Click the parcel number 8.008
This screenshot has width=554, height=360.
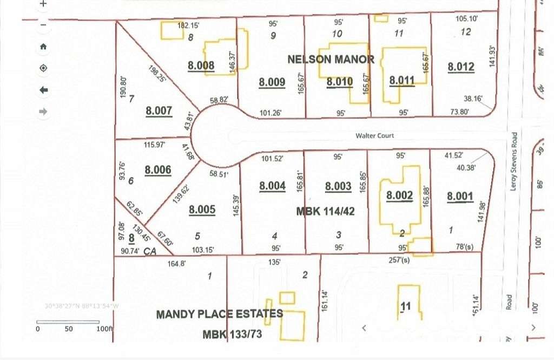[201, 66]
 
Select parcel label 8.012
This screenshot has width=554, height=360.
[461, 67]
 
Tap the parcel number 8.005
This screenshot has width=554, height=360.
[202, 210]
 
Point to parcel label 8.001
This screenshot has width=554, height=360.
[460, 197]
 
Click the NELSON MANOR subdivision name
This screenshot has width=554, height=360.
[331, 59]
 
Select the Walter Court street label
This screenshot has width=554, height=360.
[374, 136]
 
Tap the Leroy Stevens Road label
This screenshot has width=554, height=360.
[515, 161]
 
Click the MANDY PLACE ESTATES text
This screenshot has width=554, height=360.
[219, 314]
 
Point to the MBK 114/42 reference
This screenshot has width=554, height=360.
[325, 212]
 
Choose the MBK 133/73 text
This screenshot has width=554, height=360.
[232, 335]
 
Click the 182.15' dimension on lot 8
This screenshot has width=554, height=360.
[189, 26]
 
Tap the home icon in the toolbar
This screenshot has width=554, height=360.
[43, 47]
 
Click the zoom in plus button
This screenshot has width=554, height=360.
[43, 3]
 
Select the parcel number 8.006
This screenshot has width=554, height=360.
[158, 170]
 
